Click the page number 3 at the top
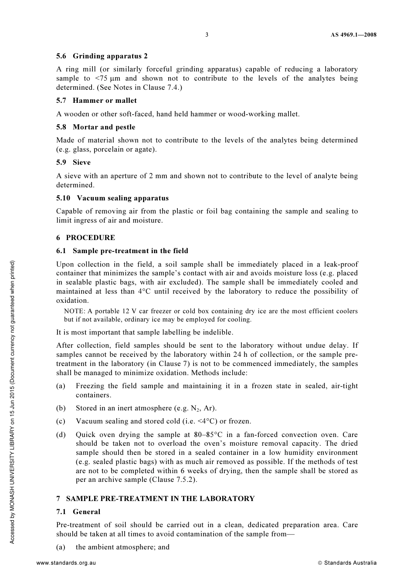[x=207, y=35]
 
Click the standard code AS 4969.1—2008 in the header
[x=353, y=35]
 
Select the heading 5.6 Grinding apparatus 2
[x=102, y=56]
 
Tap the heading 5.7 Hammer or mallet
[x=96, y=101]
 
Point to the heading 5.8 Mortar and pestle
[x=95, y=127]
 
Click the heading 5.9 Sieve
[x=73, y=163]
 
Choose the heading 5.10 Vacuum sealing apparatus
[x=112, y=198]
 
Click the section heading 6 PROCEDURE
[x=85, y=238]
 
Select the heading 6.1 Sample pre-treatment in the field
[x=122, y=251]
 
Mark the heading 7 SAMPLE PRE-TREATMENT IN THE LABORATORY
[x=155, y=499]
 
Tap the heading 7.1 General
[x=78, y=512]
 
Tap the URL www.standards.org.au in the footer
[x=66, y=563]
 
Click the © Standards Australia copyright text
[x=347, y=563]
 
